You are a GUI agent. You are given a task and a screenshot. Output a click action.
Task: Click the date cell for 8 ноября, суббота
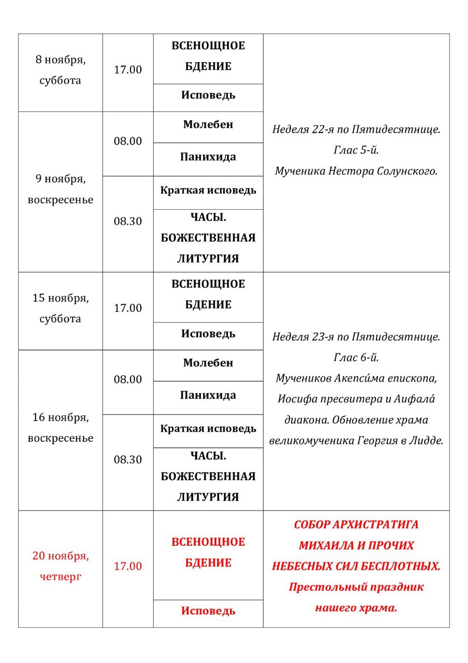pos(61,70)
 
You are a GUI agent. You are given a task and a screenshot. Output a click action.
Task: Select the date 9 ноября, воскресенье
pos(61,190)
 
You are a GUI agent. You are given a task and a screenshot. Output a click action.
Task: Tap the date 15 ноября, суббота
pos(61,308)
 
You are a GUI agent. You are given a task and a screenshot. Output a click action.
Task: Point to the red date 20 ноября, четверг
pos(61,566)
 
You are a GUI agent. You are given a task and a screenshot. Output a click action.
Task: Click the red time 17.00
pos(128,566)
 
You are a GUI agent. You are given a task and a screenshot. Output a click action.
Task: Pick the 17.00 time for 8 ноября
pos(128,70)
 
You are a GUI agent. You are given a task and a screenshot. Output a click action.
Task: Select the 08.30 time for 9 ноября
pos(128,221)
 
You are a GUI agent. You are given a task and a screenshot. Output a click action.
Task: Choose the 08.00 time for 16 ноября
pos(128,380)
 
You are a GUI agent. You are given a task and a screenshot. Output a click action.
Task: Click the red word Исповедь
pos(208,611)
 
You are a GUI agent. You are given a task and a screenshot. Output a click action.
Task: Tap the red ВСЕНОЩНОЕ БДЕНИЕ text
pos(208,552)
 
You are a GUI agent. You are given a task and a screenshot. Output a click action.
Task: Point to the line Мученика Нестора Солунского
pos(356,171)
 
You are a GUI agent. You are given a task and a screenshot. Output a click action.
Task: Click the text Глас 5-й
pos(356,150)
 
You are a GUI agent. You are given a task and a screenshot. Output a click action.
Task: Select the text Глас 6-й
pos(356,357)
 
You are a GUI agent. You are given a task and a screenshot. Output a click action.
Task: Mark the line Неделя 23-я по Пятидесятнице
pos(356,337)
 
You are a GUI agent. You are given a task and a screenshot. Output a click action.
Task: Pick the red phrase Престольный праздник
pos(356,587)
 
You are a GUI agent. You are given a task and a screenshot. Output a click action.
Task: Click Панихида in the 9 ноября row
pos(208,157)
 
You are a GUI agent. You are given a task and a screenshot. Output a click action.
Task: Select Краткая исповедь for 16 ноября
pos(208,429)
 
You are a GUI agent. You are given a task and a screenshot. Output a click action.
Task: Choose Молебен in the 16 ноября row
pos(208,363)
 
